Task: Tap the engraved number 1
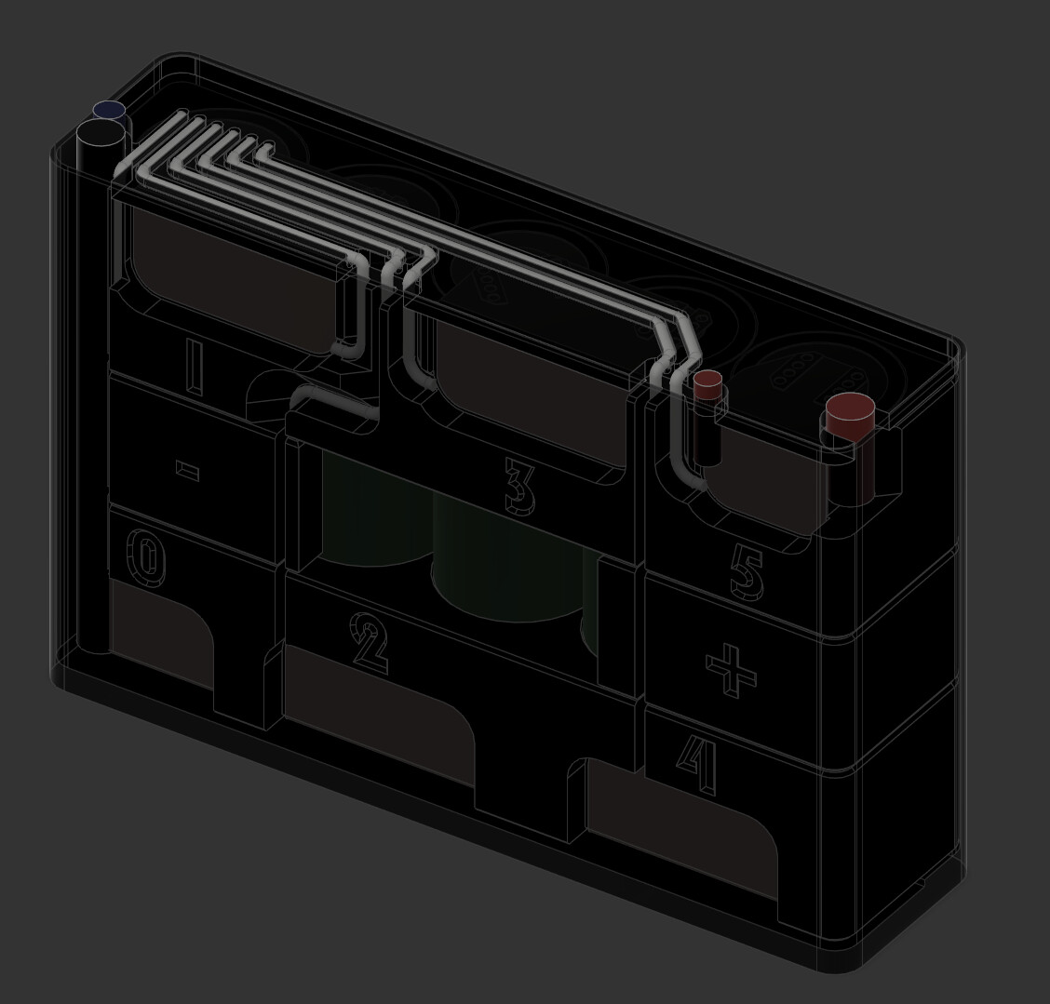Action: pos(195,366)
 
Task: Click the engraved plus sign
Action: pos(732,671)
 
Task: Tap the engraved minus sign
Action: pos(187,470)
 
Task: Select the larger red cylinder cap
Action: pos(852,416)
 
